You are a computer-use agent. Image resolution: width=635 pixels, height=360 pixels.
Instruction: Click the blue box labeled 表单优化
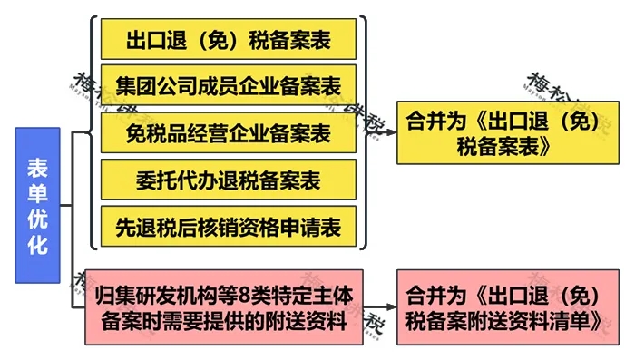37,205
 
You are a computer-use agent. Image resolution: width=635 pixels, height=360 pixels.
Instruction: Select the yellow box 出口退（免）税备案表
228,41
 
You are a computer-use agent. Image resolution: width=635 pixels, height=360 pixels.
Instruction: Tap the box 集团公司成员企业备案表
228,87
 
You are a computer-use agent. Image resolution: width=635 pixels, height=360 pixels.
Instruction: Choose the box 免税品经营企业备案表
228,134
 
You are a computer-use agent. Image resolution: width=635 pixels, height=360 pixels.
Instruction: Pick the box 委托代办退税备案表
228,180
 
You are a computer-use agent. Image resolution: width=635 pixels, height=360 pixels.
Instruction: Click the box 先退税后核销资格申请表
228,228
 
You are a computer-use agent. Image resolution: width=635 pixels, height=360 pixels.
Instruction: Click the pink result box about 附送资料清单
503,306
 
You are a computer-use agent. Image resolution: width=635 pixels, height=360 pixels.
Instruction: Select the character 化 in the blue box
37,244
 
